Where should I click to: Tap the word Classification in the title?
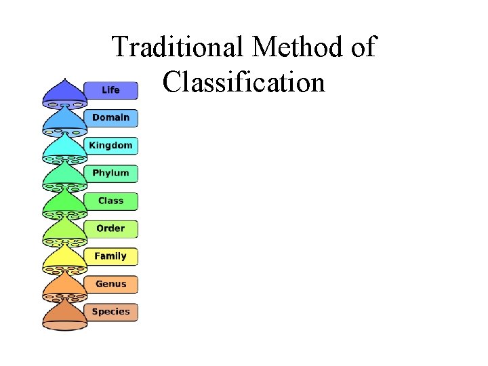pyautogui.click(x=244, y=82)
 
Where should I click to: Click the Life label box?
pyautogui.click(x=110, y=90)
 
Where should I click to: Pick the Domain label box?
pyautogui.click(x=110, y=118)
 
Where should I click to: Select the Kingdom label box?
pyautogui.click(x=110, y=146)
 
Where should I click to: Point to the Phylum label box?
pyautogui.click(x=110, y=174)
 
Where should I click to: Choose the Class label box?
pyautogui.click(x=110, y=201)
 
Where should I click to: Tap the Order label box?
pyautogui.click(x=110, y=229)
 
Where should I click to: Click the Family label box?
pyautogui.click(x=110, y=257)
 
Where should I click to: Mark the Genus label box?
pyautogui.click(x=110, y=285)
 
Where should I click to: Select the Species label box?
pyautogui.click(x=110, y=312)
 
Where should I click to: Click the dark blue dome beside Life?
pyautogui.click(x=64, y=93)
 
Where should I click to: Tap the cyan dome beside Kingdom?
pyautogui.click(x=64, y=146)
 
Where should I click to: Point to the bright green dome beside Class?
pyautogui.click(x=64, y=202)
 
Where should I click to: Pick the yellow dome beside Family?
pyautogui.click(x=64, y=258)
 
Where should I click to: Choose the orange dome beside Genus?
pyautogui.click(x=64, y=285)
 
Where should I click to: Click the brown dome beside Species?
pyautogui.click(x=64, y=314)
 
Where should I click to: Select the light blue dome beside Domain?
pyautogui.click(x=64, y=119)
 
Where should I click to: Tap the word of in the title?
pyautogui.click(x=363, y=47)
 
